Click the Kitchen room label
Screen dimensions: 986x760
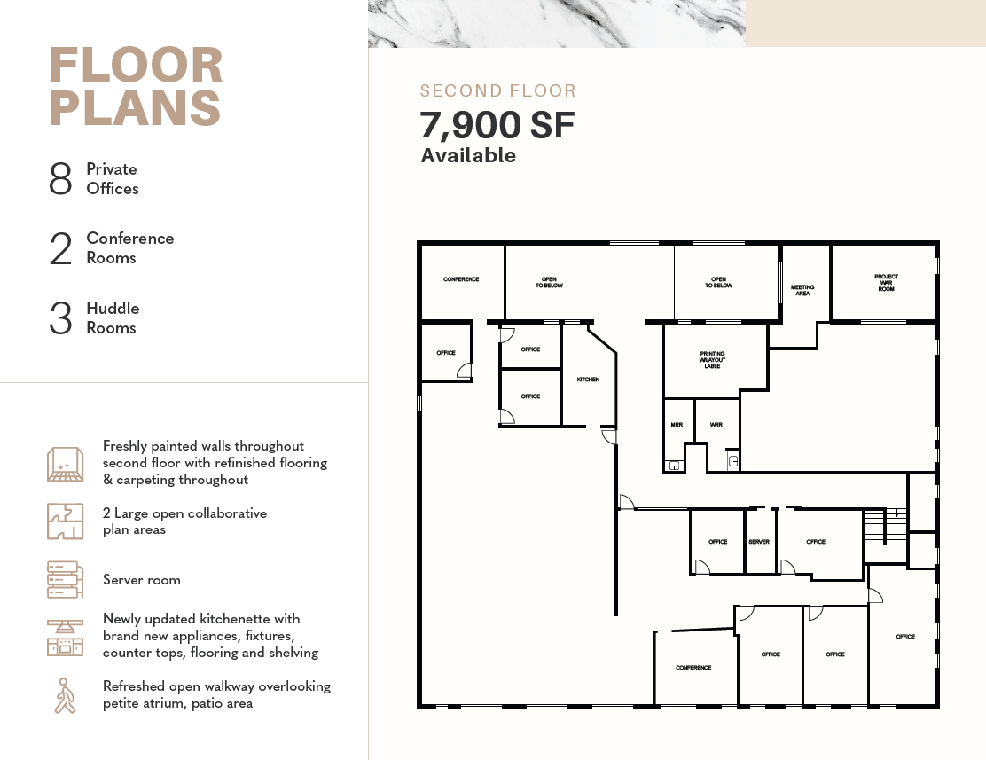tap(588, 380)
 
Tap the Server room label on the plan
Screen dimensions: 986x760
tap(759, 542)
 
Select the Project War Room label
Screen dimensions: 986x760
tap(886, 283)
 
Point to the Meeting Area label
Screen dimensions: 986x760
tap(802, 290)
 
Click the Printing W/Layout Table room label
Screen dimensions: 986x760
tap(713, 360)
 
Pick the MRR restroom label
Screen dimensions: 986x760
tap(677, 425)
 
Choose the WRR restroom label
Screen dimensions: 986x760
tap(716, 425)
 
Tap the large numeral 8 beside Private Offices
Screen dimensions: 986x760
tap(60, 178)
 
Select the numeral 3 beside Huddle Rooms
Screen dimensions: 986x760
tap(60, 317)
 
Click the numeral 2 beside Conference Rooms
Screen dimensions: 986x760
tap(61, 248)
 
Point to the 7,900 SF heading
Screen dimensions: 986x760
tap(497, 124)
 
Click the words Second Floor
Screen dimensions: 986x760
tap(498, 90)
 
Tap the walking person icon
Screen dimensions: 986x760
tap(64, 695)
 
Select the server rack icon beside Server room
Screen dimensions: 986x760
tap(65, 579)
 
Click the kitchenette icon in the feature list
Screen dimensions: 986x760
tap(65, 638)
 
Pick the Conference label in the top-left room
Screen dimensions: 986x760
tap(461, 279)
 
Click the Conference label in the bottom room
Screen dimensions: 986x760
tap(693, 668)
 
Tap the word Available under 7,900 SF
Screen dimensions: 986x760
tap(468, 155)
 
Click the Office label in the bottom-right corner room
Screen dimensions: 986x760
tap(905, 637)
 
